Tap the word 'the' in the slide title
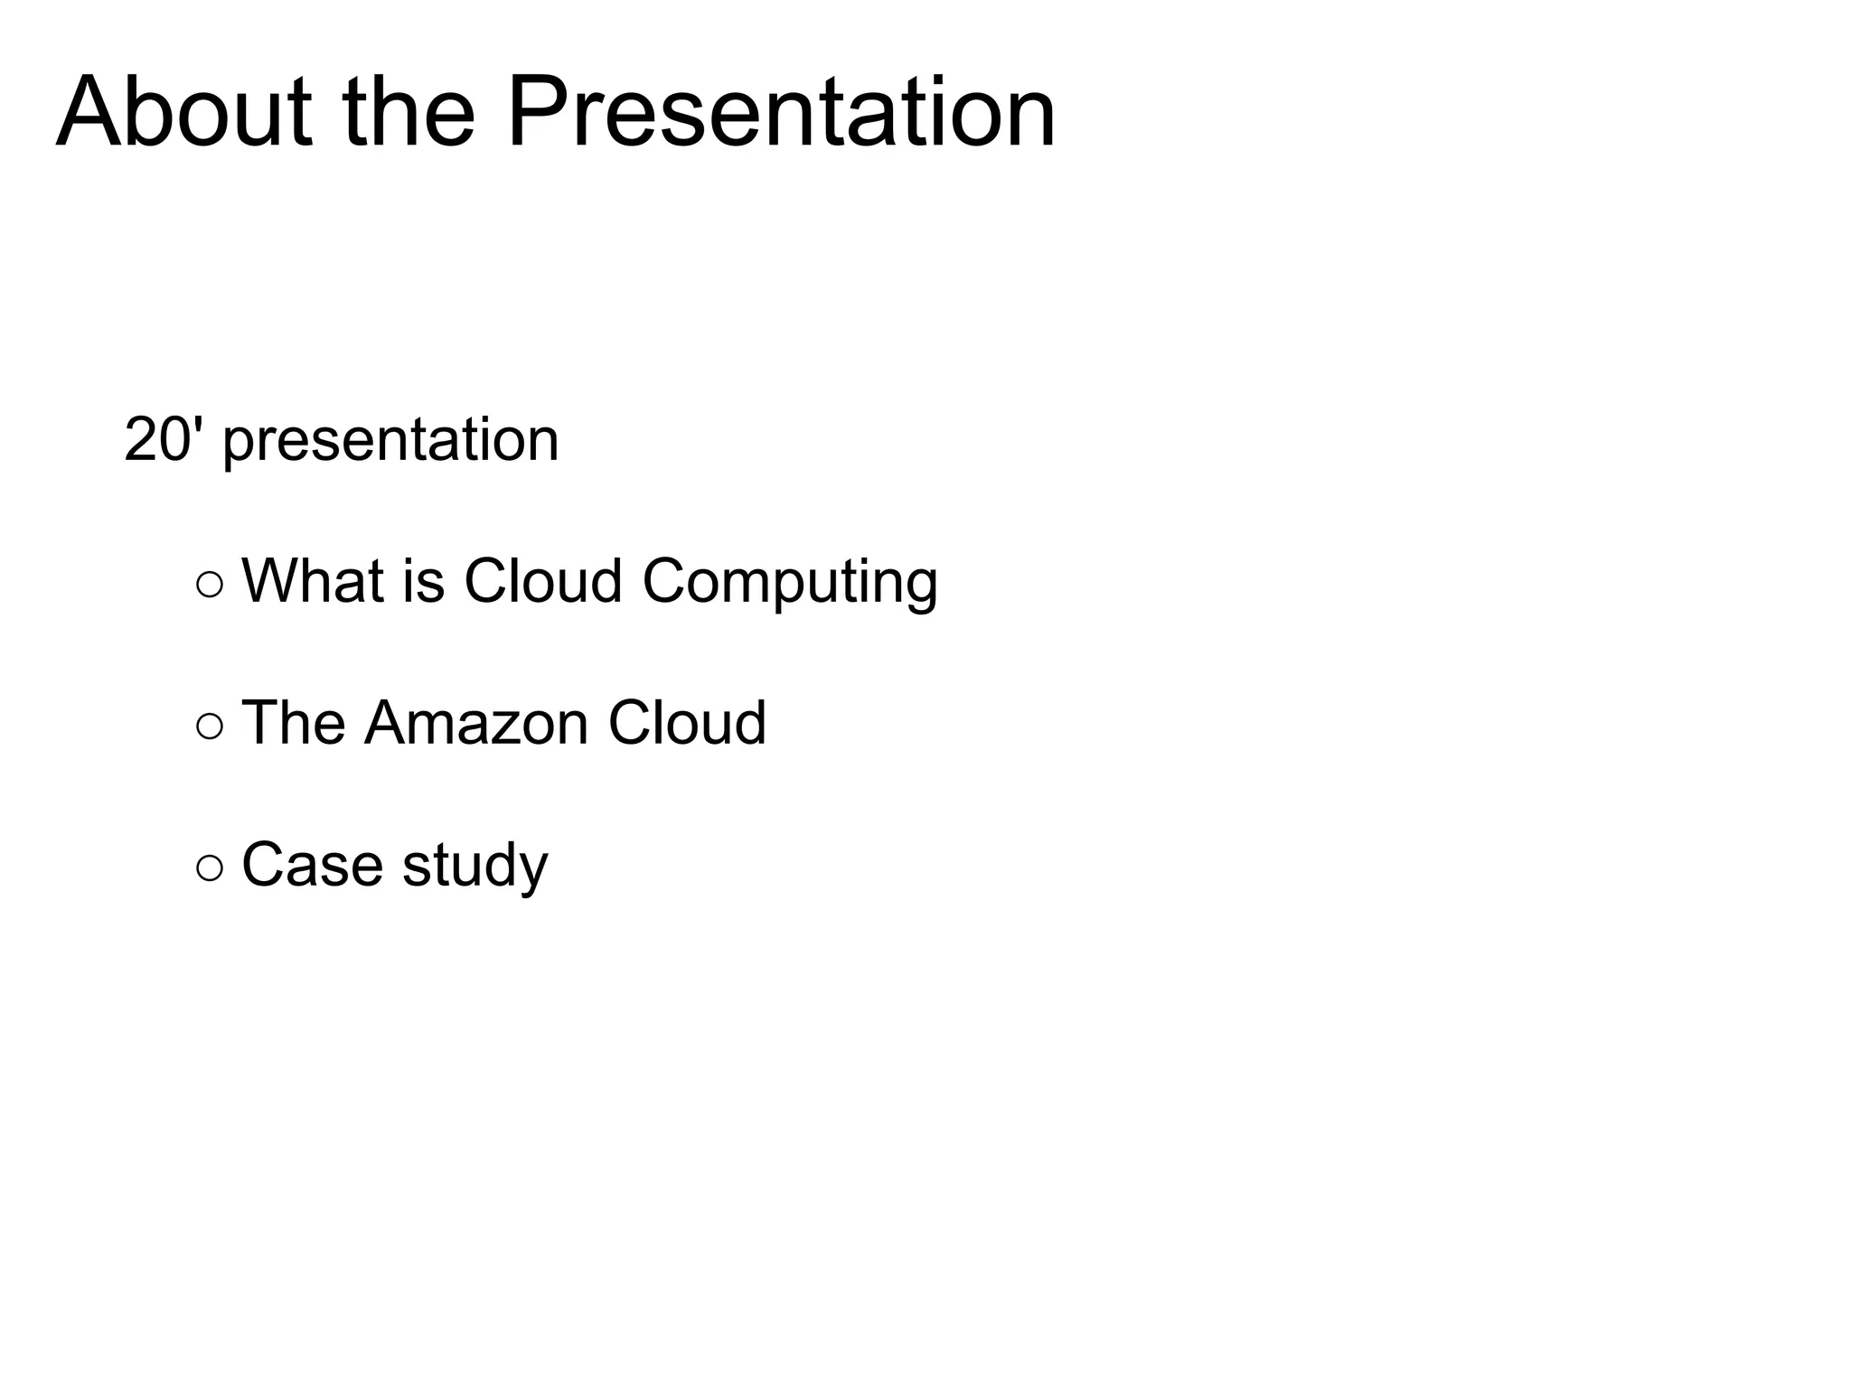tap(409, 113)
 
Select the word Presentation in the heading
tap(781, 113)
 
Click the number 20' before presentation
tap(163, 439)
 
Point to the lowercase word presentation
tap(390, 443)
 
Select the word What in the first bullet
tap(313, 580)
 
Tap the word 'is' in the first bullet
tap(424, 580)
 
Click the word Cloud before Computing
tap(542, 580)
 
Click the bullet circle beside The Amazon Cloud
tap(209, 727)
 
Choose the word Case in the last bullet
tap(313, 865)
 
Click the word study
tap(474, 867)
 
